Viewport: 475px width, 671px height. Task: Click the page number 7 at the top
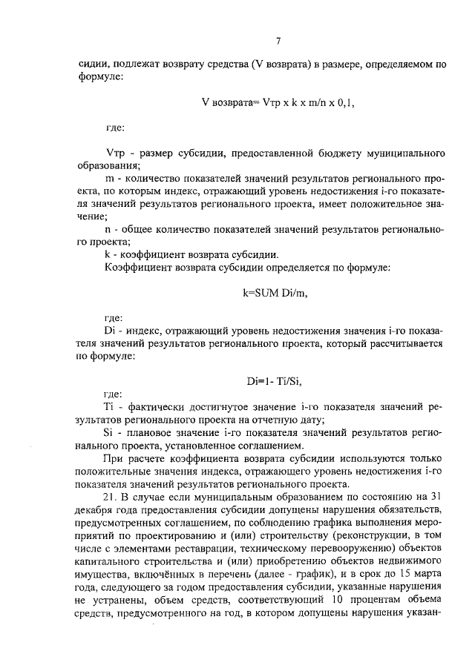(x=277, y=41)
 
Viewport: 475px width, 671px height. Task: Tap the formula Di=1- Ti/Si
(x=275, y=381)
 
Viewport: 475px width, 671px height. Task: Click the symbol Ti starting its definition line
(x=112, y=406)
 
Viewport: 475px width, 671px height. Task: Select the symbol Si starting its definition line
(x=112, y=432)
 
